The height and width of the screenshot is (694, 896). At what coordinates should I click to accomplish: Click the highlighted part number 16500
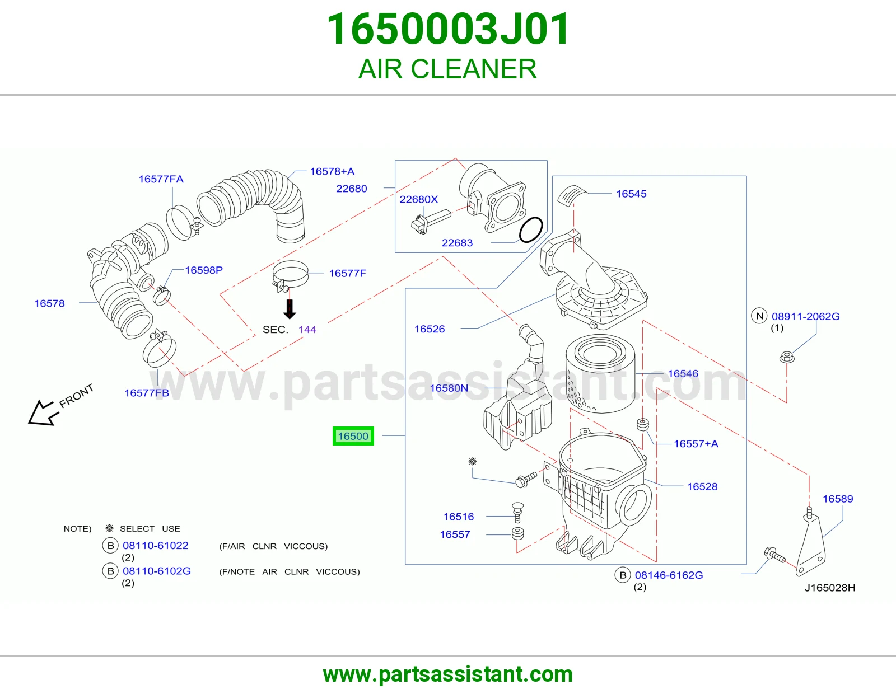tap(353, 436)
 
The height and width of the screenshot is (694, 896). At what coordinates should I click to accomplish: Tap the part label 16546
tap(683, 373)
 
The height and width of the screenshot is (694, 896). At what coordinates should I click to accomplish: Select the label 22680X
tap(418, 199)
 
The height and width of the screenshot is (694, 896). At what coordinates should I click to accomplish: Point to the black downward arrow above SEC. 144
tap(290, 309)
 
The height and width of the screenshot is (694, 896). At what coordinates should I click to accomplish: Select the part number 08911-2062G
tap(805, 316)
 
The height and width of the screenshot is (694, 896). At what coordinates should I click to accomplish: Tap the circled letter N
tap(759, 316)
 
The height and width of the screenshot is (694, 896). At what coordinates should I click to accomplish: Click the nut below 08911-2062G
tap(787, 357)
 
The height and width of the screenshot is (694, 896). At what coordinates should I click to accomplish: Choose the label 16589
tap(837, 499)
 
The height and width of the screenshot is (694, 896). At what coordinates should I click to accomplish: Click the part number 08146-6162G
tap(669, 575)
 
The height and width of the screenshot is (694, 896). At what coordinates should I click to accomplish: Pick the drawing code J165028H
tap(829, 588)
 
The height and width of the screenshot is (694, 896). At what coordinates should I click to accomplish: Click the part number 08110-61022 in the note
tap(156, 545)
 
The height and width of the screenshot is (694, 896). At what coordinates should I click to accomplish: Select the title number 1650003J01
tap(448, 29)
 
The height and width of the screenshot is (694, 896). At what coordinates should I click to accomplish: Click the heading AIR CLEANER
tap(448, 69)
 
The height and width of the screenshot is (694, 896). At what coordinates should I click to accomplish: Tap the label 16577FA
tap(161, 179)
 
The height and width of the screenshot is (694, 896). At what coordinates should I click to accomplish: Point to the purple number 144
tap(307, 329)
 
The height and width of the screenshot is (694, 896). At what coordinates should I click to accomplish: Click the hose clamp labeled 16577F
tap(290, 275)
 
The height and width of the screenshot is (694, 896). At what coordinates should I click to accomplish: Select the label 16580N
tap(449, 388)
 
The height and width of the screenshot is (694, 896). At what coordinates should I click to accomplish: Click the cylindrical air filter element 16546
tap(600, 373)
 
